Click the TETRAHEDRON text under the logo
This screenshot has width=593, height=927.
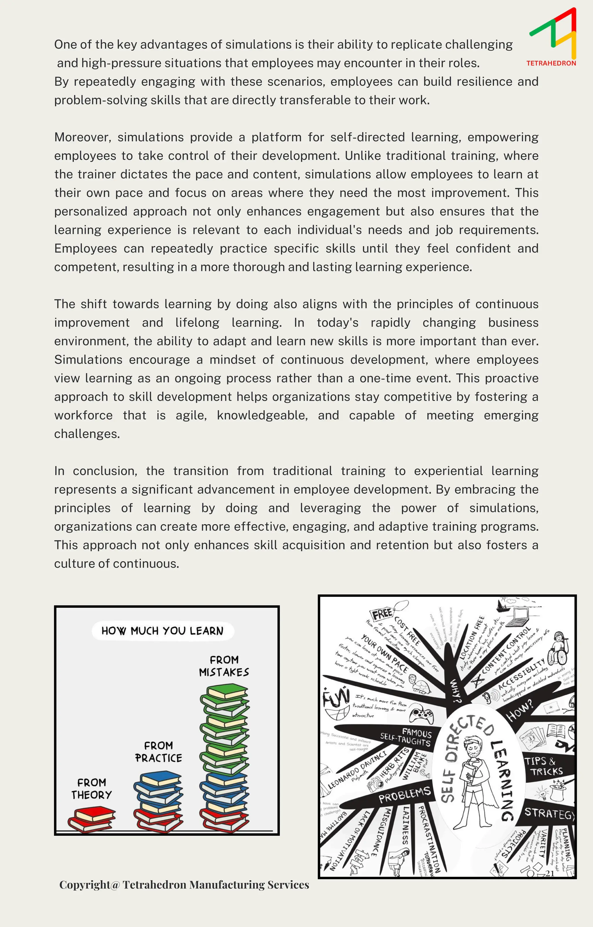551,63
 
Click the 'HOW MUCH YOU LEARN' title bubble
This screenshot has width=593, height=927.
162,631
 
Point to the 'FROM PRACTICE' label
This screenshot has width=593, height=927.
159,751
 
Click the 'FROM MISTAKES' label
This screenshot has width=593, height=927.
224,666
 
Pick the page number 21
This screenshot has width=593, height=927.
550,873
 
